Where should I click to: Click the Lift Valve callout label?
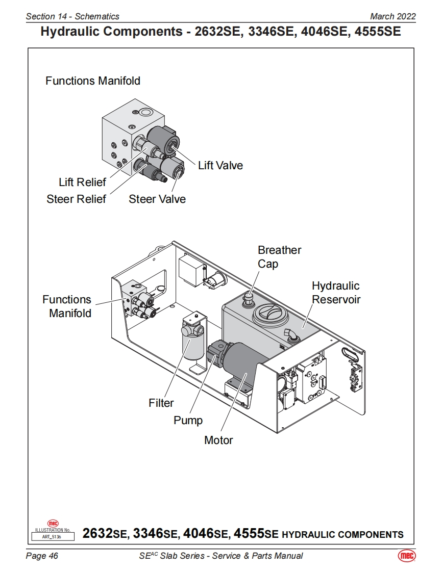point(220,165)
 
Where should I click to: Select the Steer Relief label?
point(76,199)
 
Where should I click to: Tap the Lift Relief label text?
point(82,182)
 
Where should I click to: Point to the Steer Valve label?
point(157,199)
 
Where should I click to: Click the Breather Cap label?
point(279,257)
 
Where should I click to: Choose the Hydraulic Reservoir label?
point(336,293)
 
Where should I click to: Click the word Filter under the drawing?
point(161,403)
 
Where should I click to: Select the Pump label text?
point(188,421)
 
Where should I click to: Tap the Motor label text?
point(218,440)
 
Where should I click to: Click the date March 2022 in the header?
point(393,17)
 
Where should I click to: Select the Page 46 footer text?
point(42,556)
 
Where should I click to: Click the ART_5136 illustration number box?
point(53,536)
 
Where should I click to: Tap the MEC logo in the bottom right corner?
point(406,556)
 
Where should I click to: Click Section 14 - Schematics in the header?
point(72,17)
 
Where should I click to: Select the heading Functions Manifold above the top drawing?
point(93,81)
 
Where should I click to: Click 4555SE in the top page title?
point(372,32)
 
